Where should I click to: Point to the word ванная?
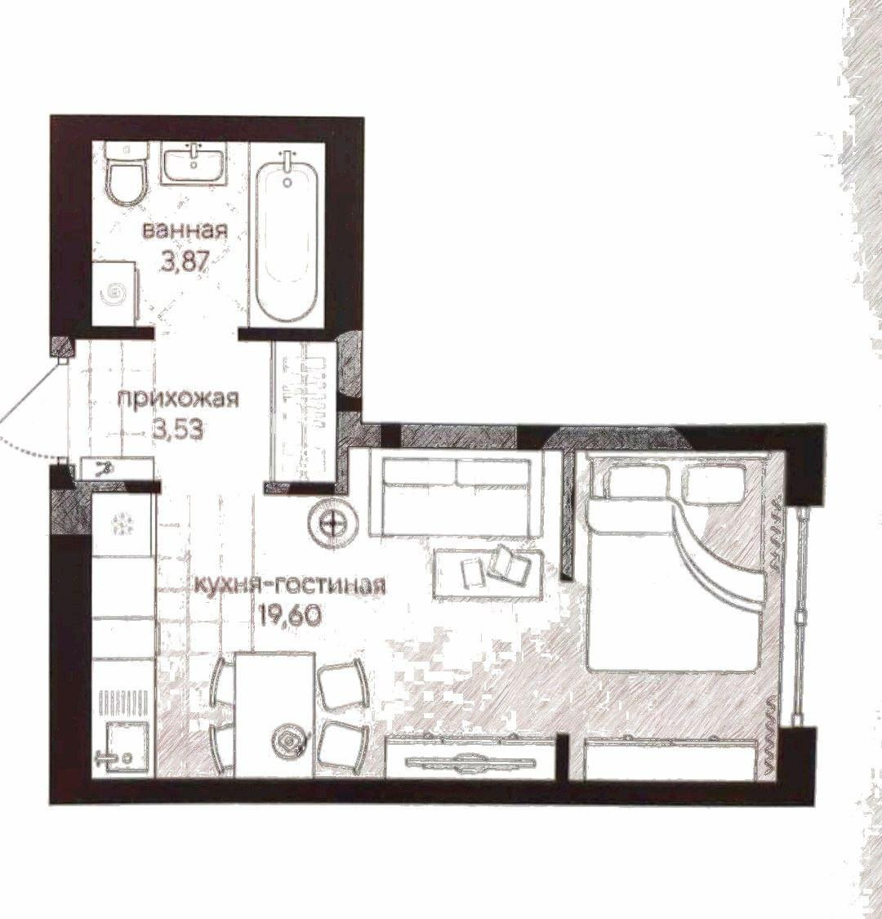(185, 230)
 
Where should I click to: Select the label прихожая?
(179, 399)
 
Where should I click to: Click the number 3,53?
(178, 431)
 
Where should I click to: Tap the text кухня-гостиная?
(289, 585)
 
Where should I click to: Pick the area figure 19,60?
(289, 615)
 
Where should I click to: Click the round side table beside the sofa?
(333, 522)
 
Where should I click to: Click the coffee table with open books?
(488, 572)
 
